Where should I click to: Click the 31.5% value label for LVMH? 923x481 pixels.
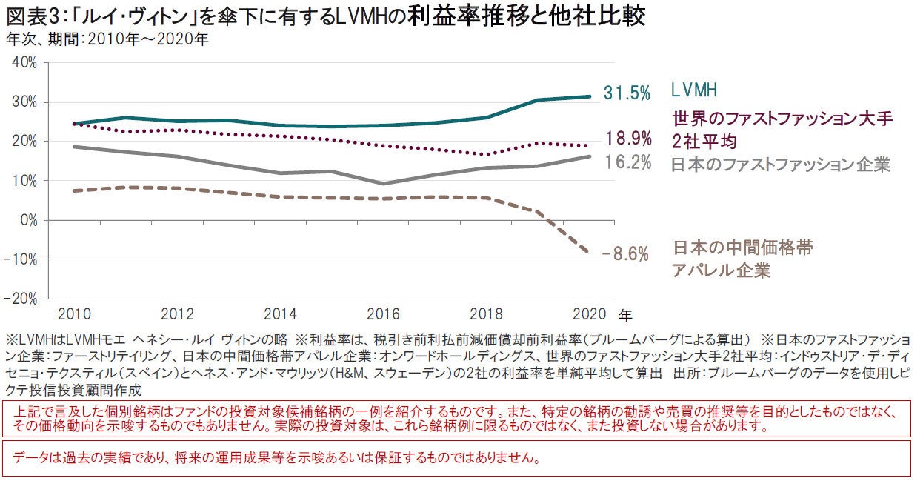(x=627, y=93)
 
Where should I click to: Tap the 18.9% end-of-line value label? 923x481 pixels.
(x=627, y=138)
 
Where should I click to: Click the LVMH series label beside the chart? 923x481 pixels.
(x=695, y=91)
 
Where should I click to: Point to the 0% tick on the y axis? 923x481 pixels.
(x=27, y=220)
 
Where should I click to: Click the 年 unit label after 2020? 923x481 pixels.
(x=625, y=314)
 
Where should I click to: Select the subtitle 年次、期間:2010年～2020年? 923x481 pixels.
(x=107, y=39)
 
